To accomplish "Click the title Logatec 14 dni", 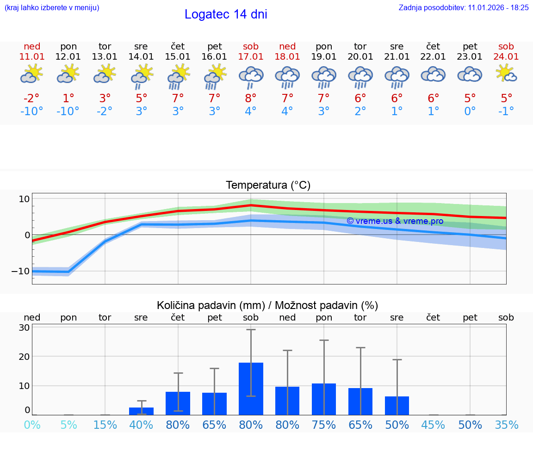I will click(226, 14).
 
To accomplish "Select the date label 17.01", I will click(251, 56).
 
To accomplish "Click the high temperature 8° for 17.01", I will click(251, 98).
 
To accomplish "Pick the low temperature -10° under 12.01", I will click(68, 111).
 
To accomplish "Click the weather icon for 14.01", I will click(142, 75).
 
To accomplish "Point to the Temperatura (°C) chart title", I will click(268, 185).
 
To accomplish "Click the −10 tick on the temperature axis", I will click(20, 271).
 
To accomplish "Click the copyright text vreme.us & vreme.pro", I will click(395, 221).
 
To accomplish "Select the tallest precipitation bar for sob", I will click(251, 389).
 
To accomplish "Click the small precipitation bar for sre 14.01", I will click(141, 411).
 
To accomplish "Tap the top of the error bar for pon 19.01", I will click(324, 340).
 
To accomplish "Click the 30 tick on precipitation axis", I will click(25, 327).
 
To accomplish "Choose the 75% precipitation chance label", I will click(324, 425).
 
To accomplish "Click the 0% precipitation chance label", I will click(32, 425).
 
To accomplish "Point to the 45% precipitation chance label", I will click(433, 425).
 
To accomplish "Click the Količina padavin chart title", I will click(267, 305).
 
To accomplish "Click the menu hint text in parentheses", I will click(51, 7).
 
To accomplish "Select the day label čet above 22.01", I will click(433, 46).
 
